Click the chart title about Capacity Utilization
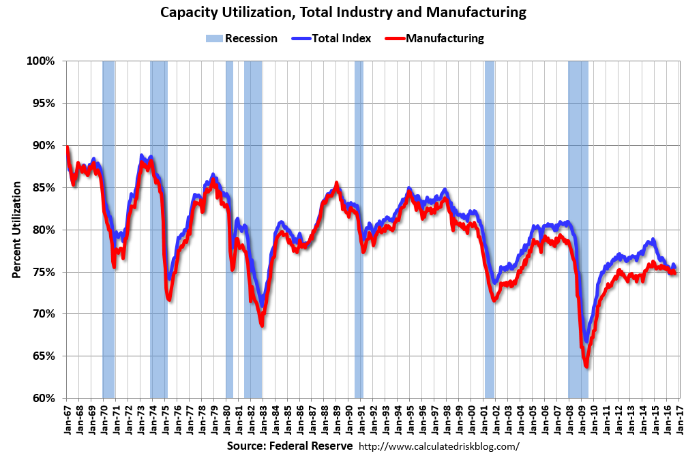[343, 12]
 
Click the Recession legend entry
[242, 38]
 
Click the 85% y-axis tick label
[43, 187]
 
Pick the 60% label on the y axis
[43, 398]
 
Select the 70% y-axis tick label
[43, 314]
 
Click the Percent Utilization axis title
[16, 230]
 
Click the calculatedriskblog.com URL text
[438, 447]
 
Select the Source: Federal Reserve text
[290, 446]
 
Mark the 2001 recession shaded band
[490, 229]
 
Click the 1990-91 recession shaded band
[359, 229]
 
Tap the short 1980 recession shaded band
[229, 229]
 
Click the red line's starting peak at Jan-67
[67, 147]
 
